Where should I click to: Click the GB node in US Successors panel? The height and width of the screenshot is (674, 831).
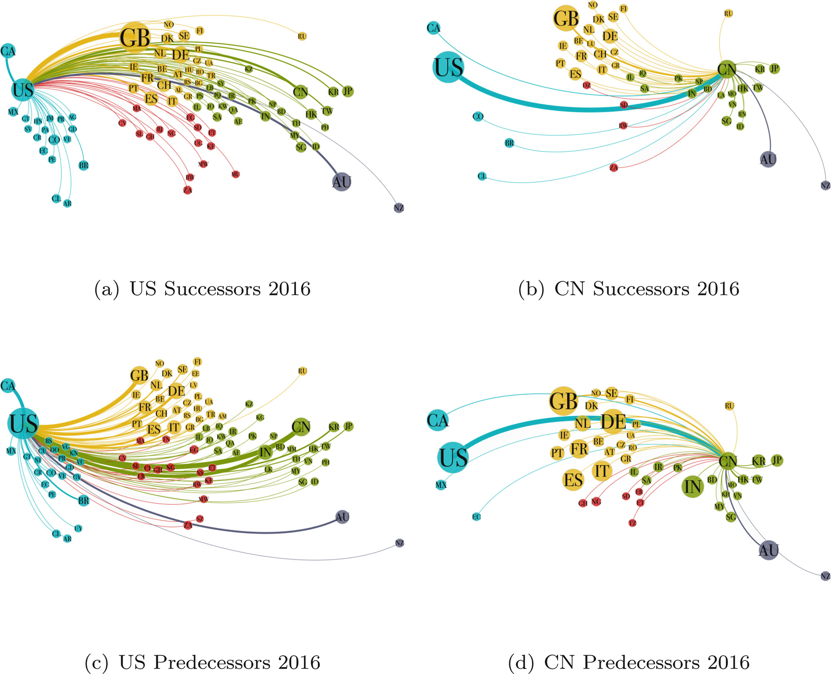click(135, 38)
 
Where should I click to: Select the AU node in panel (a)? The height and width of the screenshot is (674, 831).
click(342, 182)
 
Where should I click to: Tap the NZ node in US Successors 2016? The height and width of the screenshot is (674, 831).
click(398, 208)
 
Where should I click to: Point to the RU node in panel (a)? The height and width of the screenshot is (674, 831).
click(302, 36)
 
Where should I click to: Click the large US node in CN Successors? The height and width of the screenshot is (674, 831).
click(448, 67)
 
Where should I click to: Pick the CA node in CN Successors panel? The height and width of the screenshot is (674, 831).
click(434, 28)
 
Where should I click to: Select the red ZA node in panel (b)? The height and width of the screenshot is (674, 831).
click(613, 168)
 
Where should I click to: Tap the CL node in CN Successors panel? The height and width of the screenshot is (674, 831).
click(482, 176)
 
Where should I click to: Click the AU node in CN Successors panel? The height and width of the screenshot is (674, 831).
click(768, 159)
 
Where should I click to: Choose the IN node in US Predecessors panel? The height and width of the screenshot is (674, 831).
click(265, 452)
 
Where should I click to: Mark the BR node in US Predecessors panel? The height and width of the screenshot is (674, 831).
click(84, 501)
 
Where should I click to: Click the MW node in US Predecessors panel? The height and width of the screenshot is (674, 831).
click(203, 499)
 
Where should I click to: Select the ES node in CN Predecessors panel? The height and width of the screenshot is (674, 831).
click(573, 480)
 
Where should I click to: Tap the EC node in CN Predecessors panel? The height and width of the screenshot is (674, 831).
click(476, 517)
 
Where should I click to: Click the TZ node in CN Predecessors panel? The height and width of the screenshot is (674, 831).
click(632, 523)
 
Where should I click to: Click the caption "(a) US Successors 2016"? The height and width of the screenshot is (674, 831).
click(202, 289)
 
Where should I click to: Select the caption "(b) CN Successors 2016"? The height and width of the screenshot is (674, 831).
click(629, 289)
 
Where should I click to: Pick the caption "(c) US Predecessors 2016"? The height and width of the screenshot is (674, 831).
click(202, 662)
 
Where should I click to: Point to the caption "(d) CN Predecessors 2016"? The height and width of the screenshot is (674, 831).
click(629, 662)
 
